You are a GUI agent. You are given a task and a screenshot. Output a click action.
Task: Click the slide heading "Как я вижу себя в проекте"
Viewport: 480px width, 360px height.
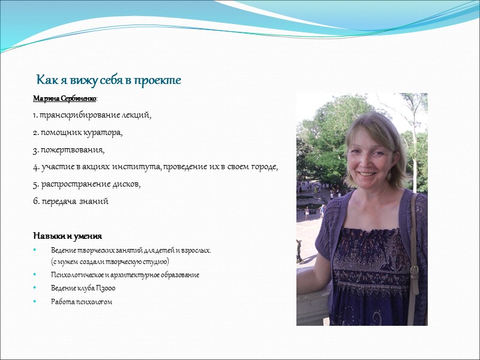click(x=109, y=80)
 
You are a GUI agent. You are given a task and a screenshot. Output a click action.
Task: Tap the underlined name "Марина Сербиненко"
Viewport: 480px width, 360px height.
click(x=65, y=98)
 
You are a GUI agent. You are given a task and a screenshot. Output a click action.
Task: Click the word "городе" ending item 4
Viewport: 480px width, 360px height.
click(x=263, y=167)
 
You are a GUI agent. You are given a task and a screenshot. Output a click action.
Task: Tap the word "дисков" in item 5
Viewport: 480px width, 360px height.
click(x=127, y=184)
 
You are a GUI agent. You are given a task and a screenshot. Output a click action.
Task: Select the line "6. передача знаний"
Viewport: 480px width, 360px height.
click(x=70, y=201)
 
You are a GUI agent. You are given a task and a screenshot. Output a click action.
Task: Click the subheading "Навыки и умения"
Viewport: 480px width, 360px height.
click(x=67, y=235)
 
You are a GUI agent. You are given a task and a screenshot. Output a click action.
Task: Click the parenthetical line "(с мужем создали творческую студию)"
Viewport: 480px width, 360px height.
click(x=110, y=262)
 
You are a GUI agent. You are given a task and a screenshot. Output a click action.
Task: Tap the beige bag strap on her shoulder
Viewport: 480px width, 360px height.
click(x=413, y=252)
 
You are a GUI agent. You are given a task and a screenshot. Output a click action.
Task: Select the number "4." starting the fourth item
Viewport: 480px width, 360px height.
click(x=35, y=167)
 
